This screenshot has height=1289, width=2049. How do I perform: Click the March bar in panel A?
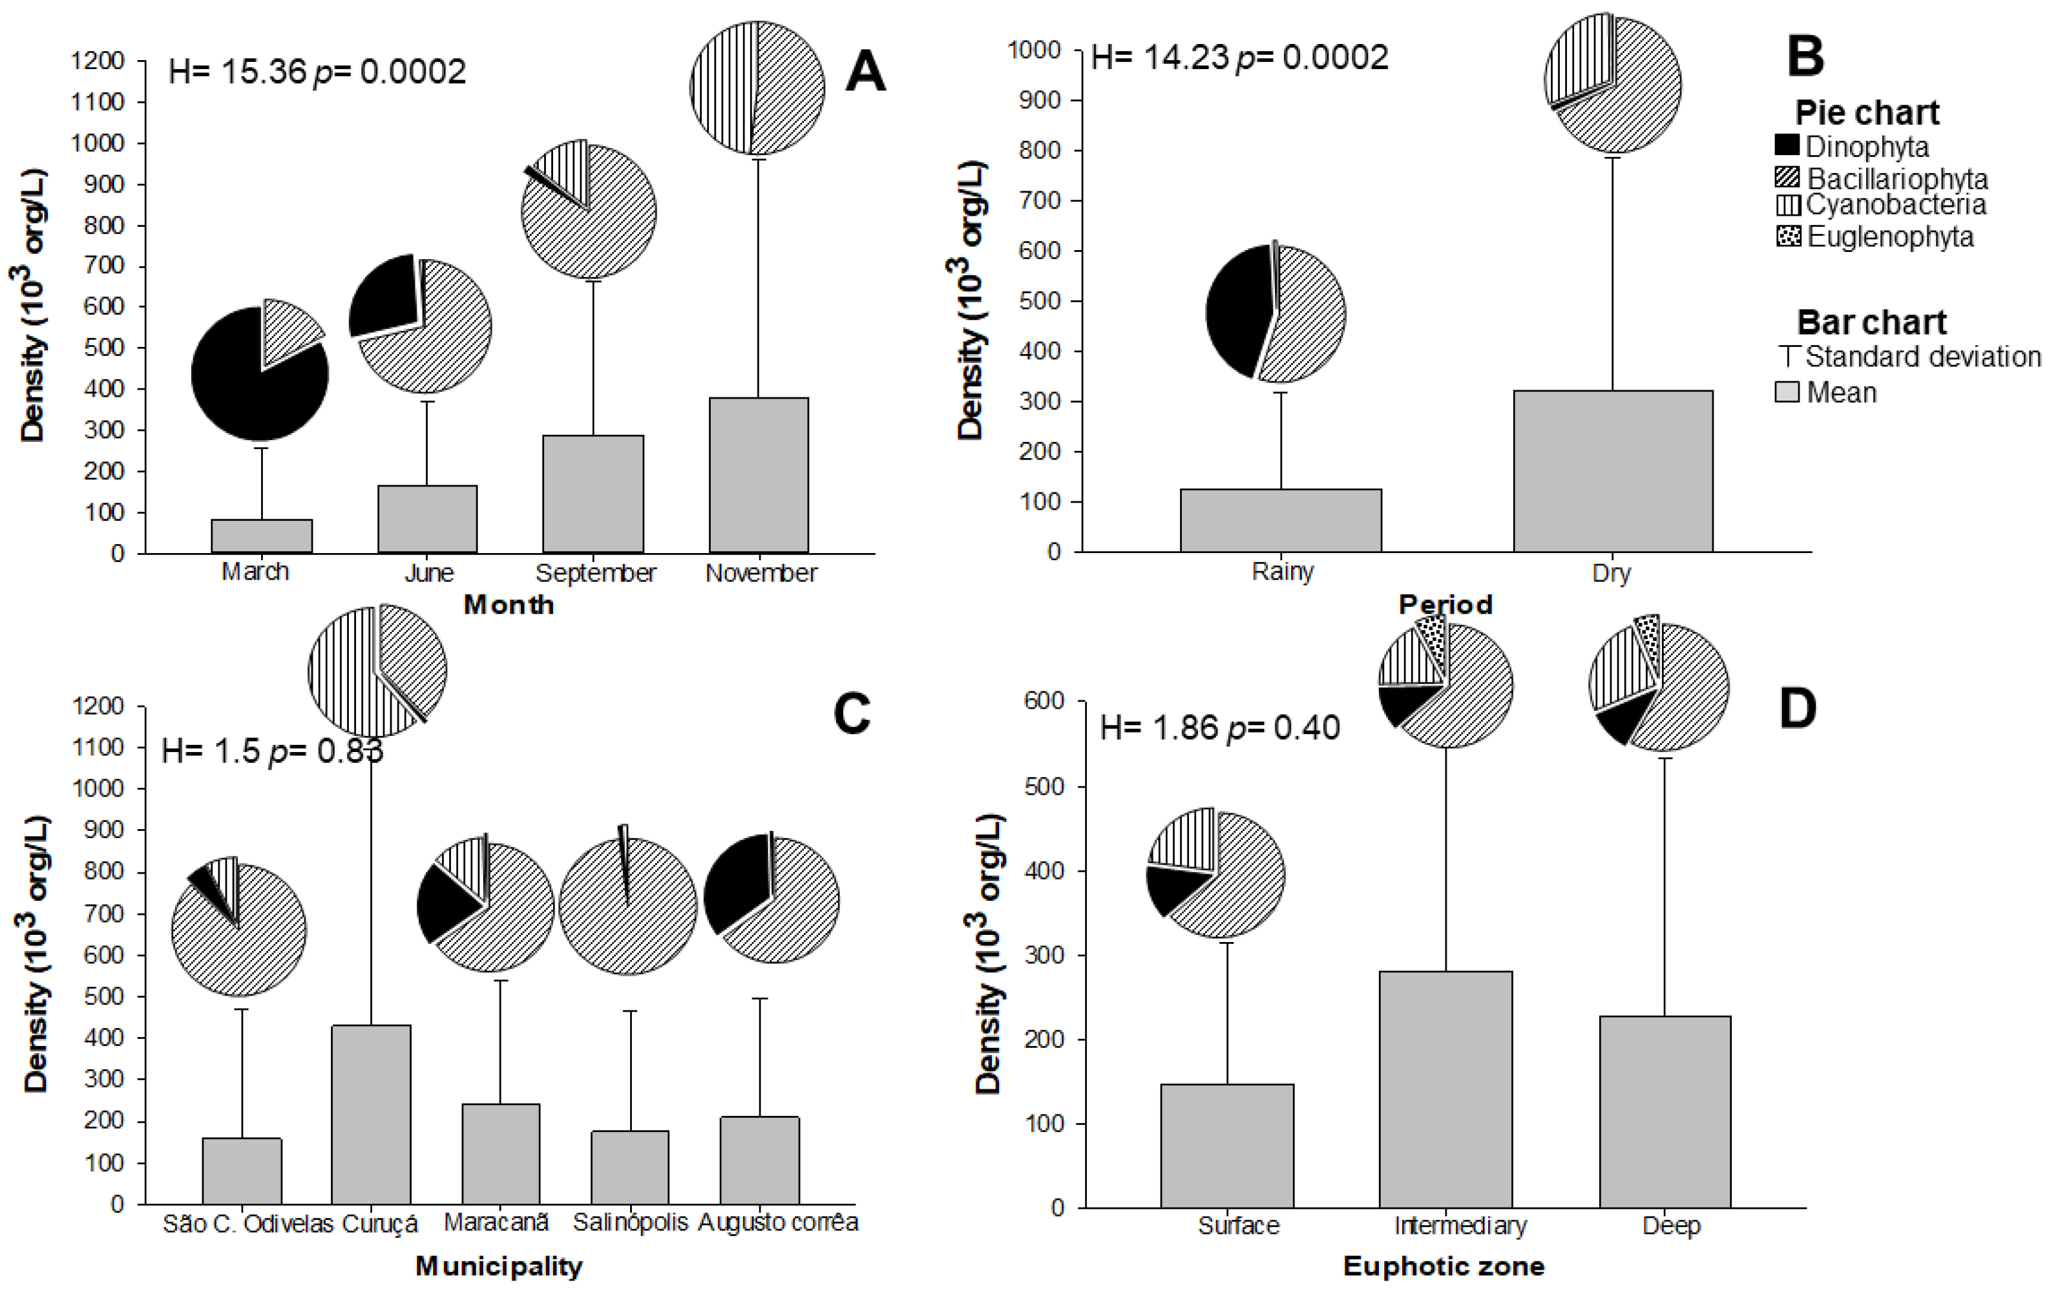coord(261,536)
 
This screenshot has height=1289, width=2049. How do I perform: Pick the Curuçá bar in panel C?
coord(370,1114)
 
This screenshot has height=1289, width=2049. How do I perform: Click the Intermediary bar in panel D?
coord(1445,1089)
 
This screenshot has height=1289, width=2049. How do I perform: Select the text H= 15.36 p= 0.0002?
coord(317,72)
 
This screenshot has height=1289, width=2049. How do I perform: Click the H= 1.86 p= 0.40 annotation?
coord(1219,728)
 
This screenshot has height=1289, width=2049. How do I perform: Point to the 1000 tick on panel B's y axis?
coord(1034,50)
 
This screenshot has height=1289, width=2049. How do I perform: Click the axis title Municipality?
coord(499,1266)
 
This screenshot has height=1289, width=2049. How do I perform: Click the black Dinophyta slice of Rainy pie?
coord(1238,315)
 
